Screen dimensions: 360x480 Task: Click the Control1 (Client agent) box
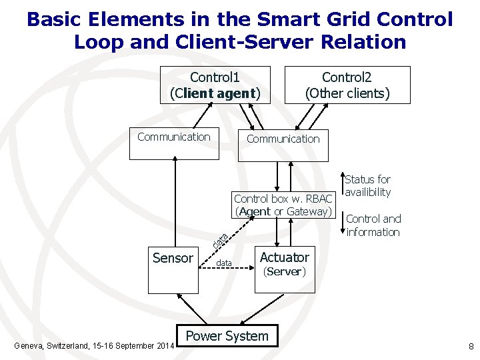tap(215, 85)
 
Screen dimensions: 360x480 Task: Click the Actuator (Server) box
tap(284, 270)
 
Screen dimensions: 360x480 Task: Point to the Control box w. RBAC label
tap(283, 199)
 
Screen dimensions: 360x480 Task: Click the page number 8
tap(471, 346)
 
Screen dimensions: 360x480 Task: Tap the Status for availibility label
tap(367, 186)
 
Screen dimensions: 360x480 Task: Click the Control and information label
tap(373, 225)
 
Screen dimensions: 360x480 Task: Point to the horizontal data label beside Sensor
tap(224, 264)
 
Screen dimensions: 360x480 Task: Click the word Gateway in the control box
tap(307, 212)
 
